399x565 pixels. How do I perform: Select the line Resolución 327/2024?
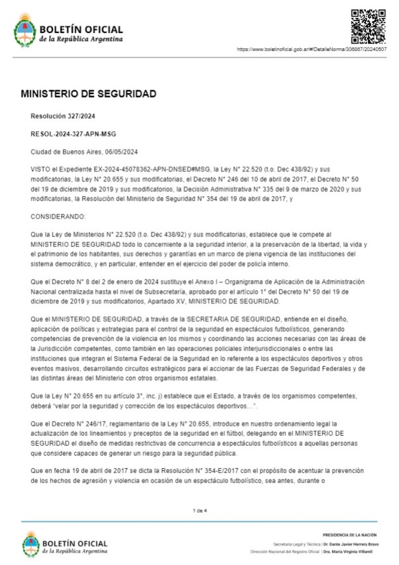coord(63,116)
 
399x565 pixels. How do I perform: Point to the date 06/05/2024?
coord(121,152)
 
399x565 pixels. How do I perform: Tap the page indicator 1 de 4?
coord(199,511)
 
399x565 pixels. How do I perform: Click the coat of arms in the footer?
coord(30,544)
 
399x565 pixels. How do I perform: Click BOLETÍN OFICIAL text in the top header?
coord(81,29)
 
